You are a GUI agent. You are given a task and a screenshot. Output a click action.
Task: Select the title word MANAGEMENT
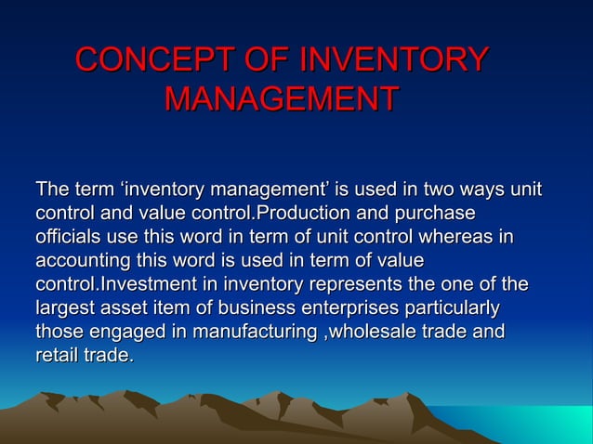click(x=282, y=98)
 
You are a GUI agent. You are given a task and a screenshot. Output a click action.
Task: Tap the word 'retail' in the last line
click(x=58, y=354)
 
